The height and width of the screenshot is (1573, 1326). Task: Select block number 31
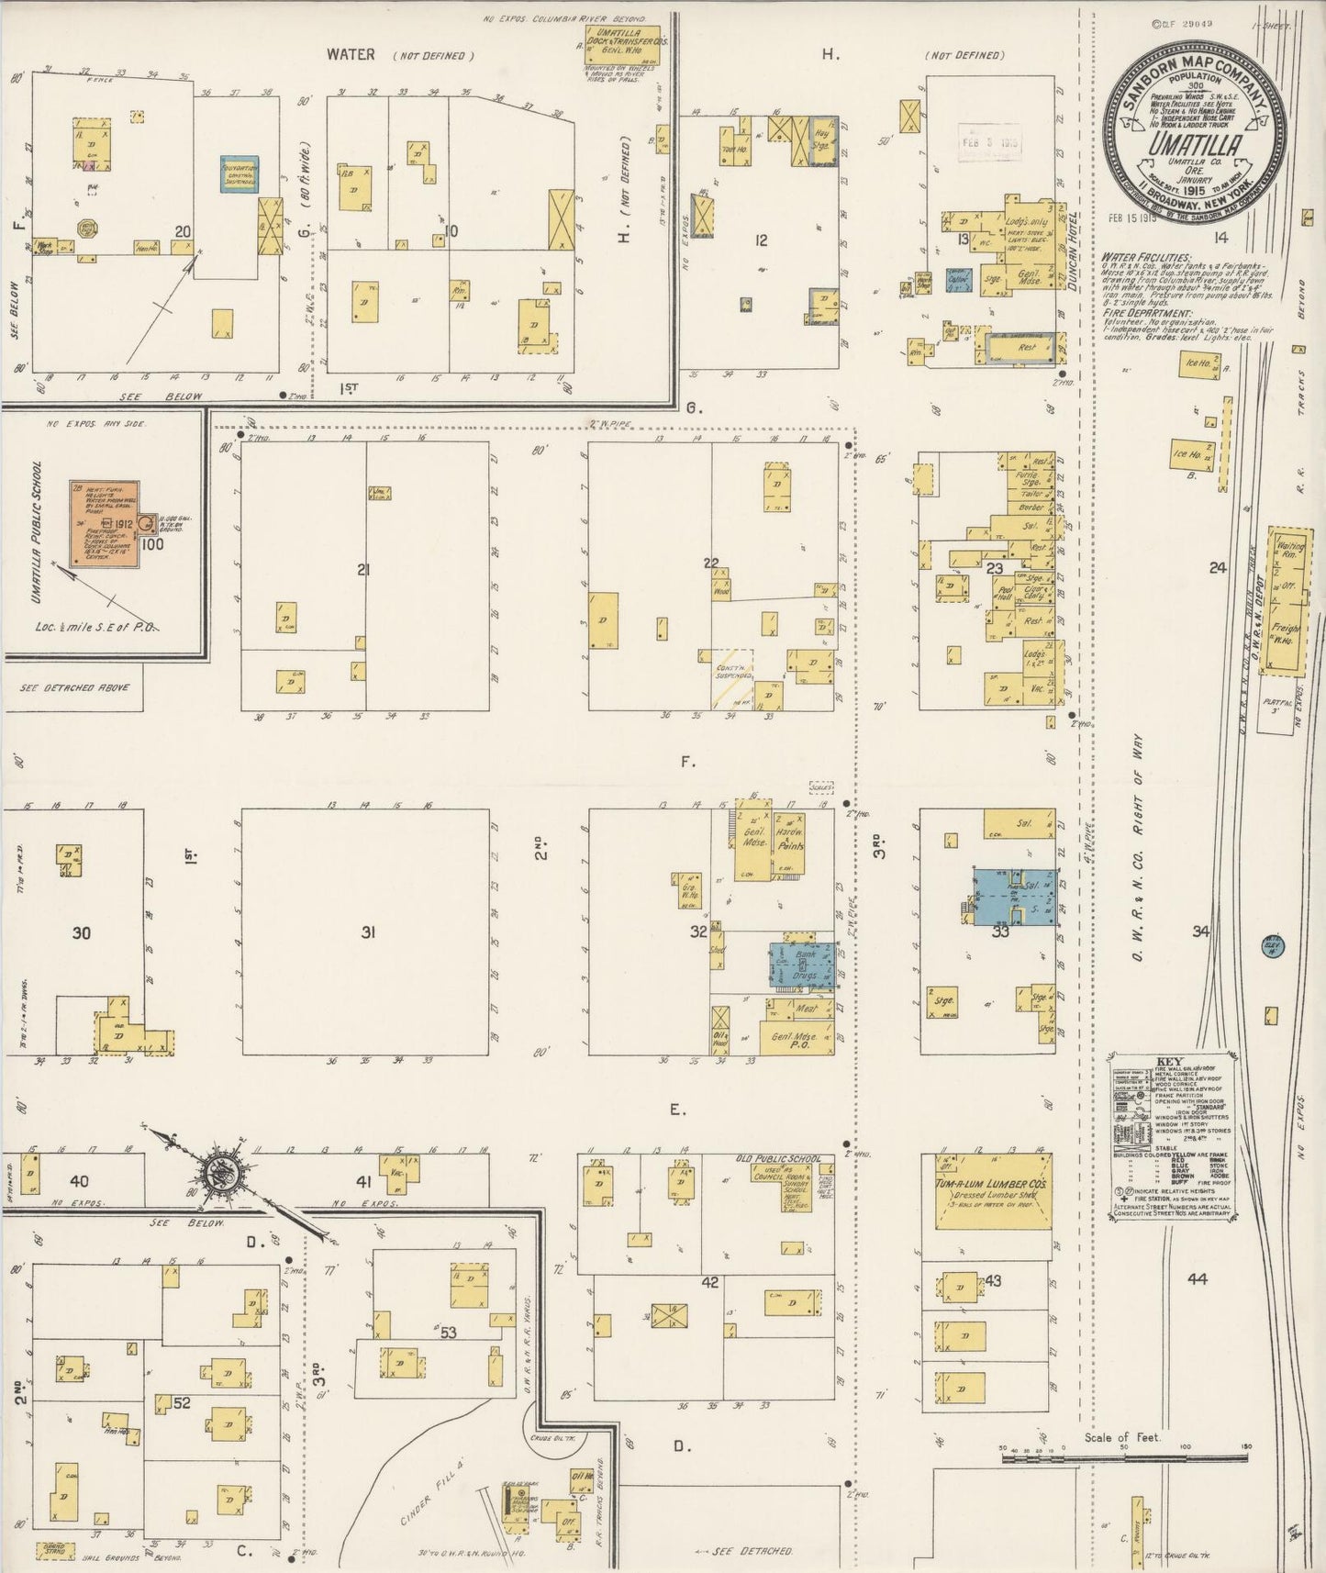(368, 932)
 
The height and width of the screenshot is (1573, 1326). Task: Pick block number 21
(363, 570)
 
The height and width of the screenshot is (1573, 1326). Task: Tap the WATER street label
(351, 55)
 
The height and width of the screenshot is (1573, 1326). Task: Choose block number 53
(448, 1332)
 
